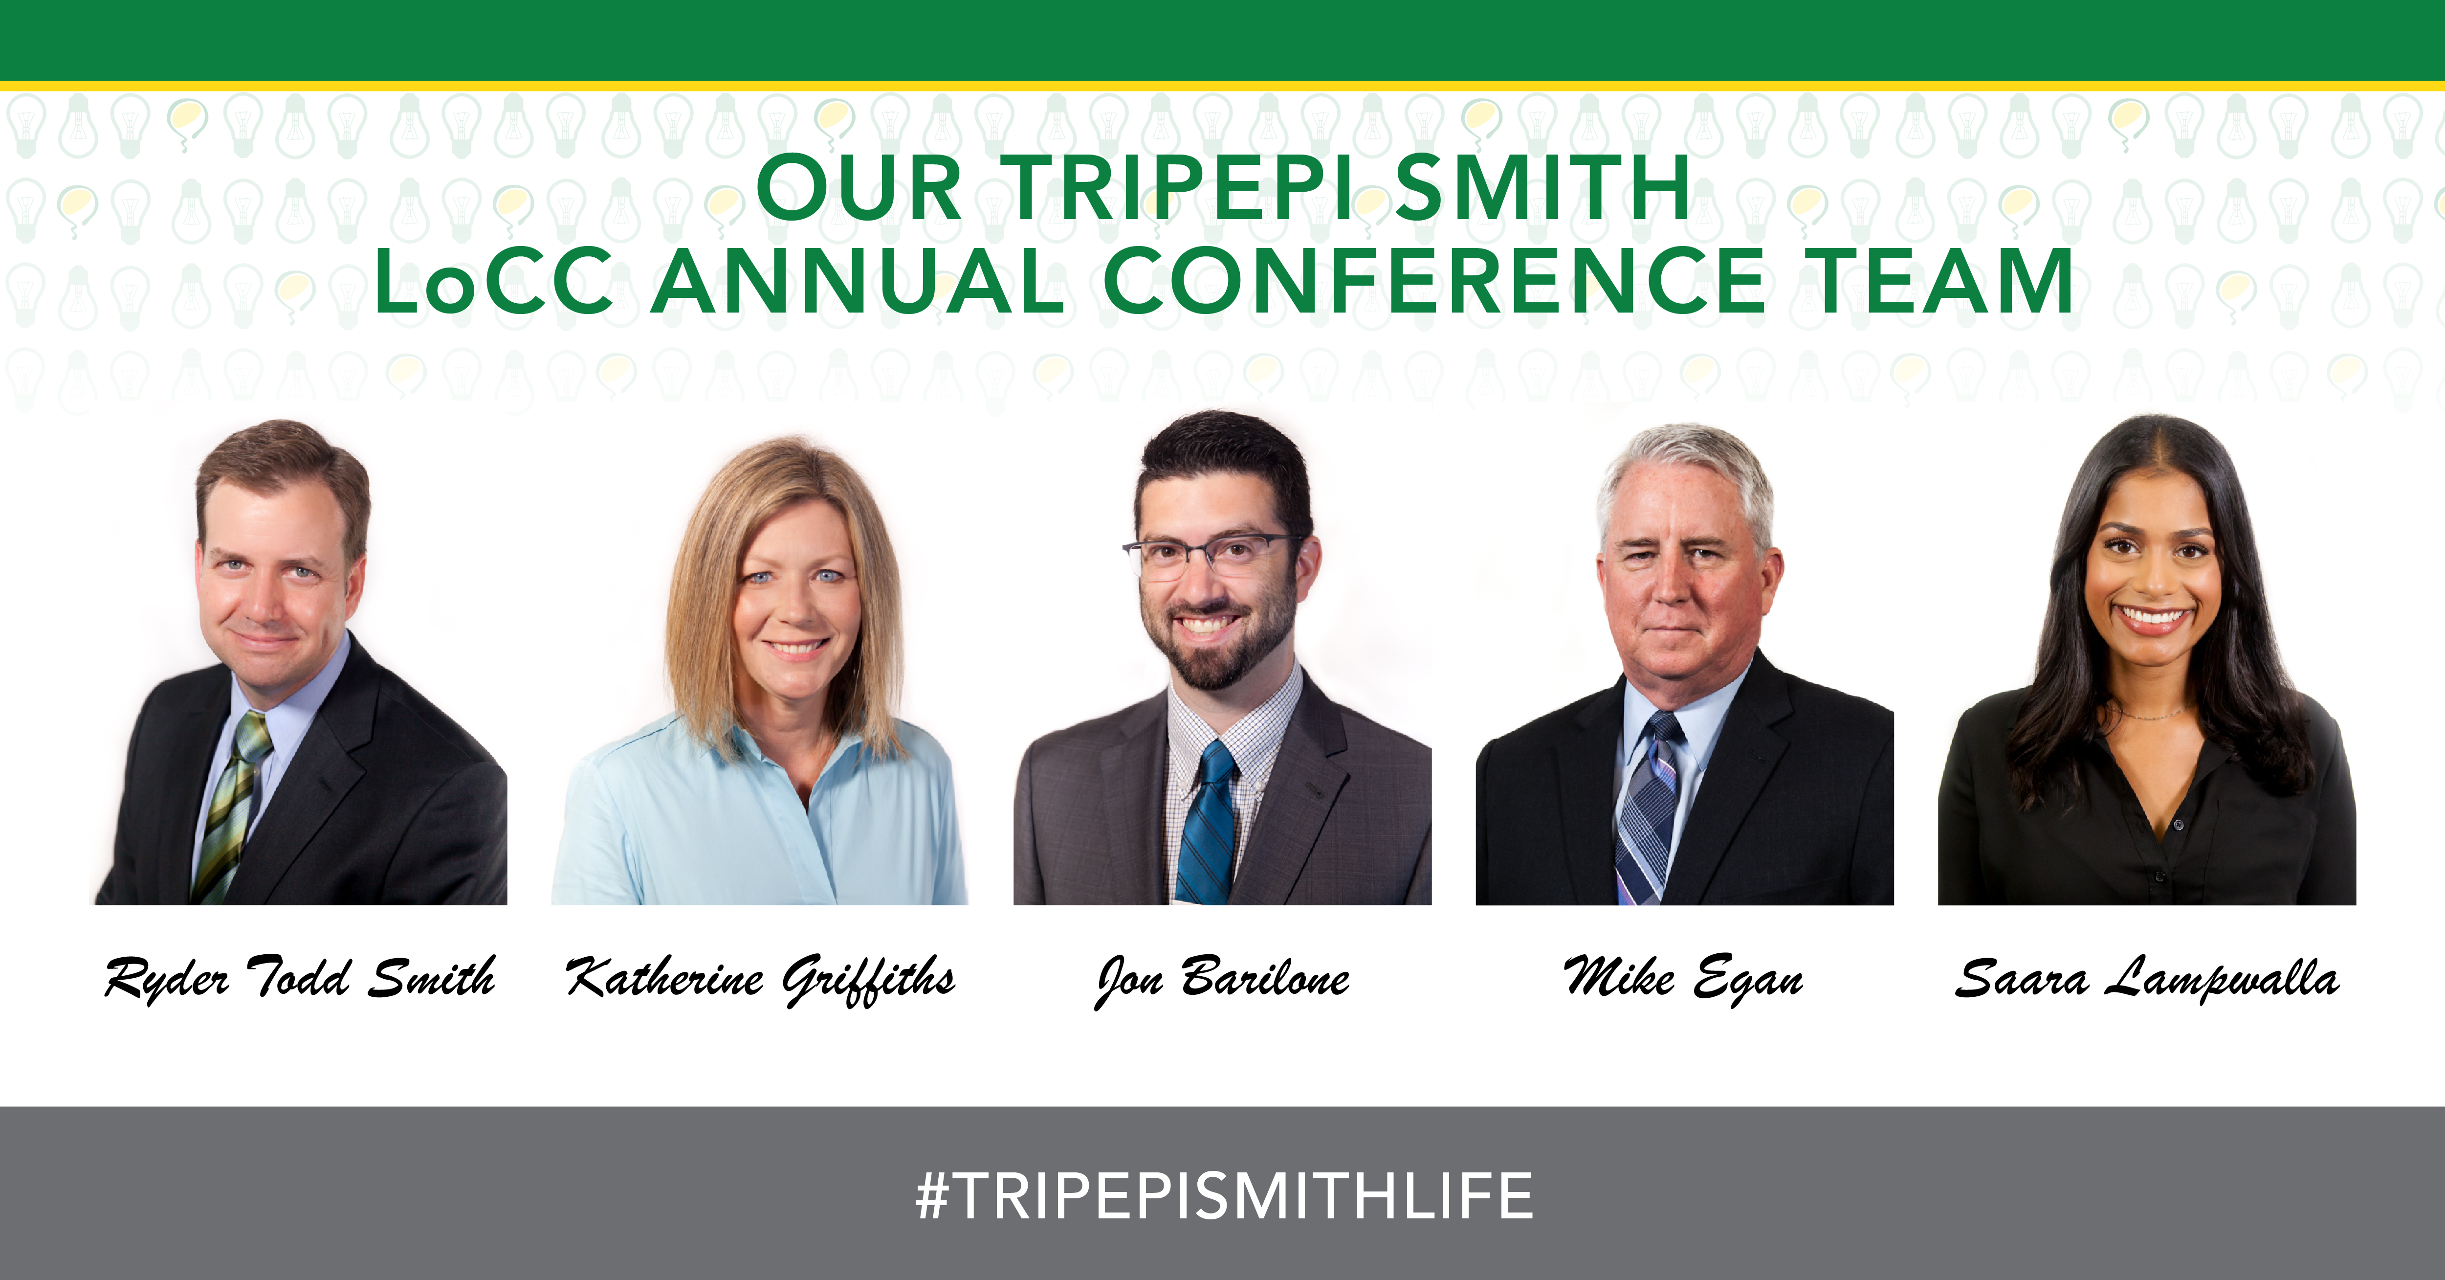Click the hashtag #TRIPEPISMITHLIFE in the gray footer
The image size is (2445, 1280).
[x=1223, y=1195]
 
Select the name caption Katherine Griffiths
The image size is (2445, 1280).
[x=760, y=979]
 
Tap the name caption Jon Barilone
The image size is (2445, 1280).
[x=1222, y=979]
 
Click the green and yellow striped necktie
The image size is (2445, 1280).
[x=232, y=807]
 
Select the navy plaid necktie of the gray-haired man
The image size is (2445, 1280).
[x=1648, y=807]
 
